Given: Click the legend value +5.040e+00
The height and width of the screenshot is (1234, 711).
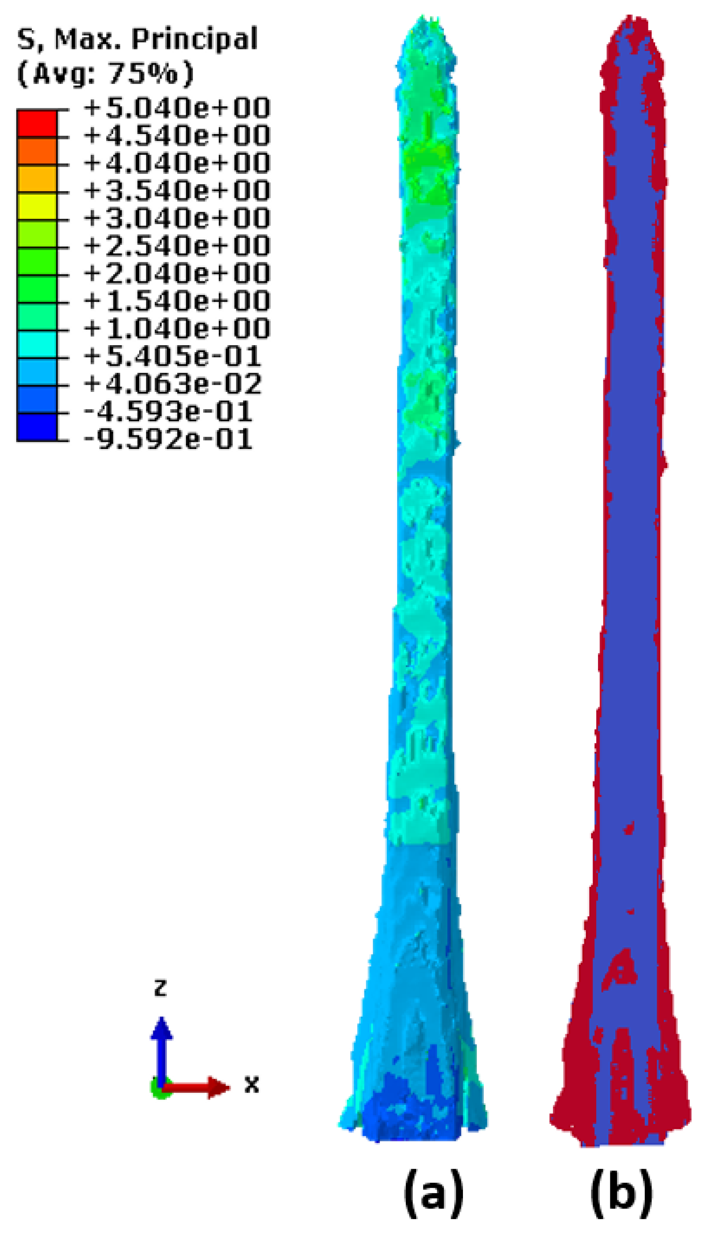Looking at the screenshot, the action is tap(177, 108).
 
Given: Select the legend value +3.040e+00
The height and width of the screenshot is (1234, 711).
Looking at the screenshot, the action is tap(177, 218).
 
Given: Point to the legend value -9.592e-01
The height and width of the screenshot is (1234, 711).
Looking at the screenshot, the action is tap(168, 439).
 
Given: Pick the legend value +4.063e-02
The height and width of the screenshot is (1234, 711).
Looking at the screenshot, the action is tap(172, 384).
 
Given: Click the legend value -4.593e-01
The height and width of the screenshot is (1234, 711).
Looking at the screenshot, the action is tap(168, 411).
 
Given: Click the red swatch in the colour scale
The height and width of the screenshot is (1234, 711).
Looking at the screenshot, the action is tap(37, 124).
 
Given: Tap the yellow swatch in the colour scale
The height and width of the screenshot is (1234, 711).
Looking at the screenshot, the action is tap(37, 206).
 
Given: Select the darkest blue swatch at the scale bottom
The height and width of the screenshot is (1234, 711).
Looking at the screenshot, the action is tap(37, 427).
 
